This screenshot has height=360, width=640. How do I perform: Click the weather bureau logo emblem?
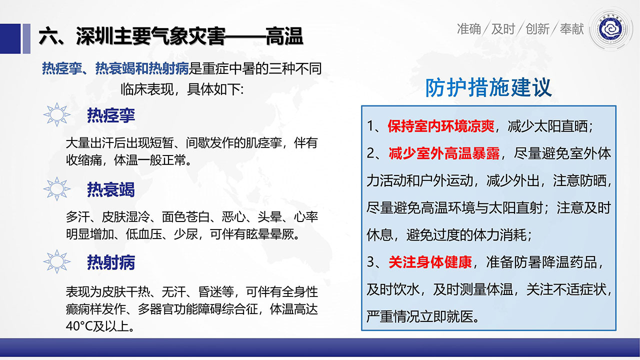[x=611, y=29]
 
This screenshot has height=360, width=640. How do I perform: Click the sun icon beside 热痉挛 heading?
[x=56, y=114]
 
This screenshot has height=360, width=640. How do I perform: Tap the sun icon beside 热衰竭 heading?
[x=56, y=189]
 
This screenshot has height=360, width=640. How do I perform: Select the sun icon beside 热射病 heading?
[x=56, y=261]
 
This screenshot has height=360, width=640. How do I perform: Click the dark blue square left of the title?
[x=10, y=38]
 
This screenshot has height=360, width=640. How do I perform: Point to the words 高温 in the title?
[x=284, y=36]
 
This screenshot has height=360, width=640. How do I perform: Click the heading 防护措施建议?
[x=488, y=87]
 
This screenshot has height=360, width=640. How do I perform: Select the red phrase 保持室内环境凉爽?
[x=441, y=126]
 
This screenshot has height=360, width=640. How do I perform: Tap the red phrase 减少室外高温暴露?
[x=444, y=153]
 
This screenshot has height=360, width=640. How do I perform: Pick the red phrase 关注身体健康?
[x=430, y=262]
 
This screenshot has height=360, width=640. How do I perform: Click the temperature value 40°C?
[x=79, y=326]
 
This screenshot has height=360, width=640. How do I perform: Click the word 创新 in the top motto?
[x=537, y=29]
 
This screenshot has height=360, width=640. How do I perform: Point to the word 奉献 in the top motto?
[x=571, y=29]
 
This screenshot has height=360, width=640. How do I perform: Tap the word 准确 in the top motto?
[x=469, y=29]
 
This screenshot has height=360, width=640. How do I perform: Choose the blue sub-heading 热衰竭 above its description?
[x=111, y=189]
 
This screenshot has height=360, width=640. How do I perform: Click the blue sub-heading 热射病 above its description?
[x=111, y=262]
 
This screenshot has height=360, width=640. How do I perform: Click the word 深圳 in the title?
[x=94, y=36]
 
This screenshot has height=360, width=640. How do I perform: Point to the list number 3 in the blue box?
[x=370, y=262]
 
